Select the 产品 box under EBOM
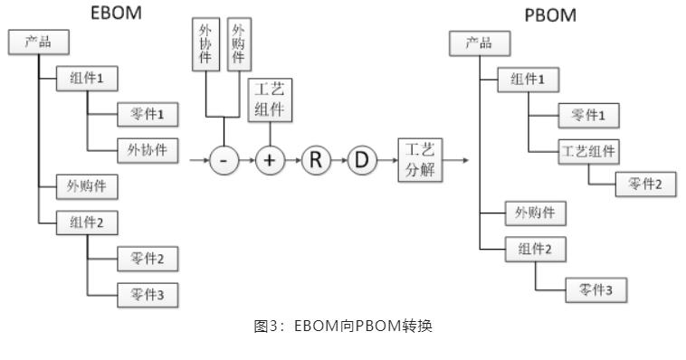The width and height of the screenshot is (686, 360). click(x=37, y=42)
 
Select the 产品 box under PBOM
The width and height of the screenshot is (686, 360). click(x=479, y=44)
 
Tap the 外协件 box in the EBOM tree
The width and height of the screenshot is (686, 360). click(x=148, y=148)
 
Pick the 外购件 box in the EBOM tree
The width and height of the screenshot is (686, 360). click(x=87, y=186)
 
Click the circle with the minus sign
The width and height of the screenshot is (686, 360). click(x=224, y=161)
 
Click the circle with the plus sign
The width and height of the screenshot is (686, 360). click(x=270, y=161)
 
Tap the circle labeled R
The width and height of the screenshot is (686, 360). click(x=316, y=161)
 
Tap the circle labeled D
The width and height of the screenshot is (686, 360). click(x=362, y=161)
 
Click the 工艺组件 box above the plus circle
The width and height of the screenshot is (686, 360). click(x=270, y=100)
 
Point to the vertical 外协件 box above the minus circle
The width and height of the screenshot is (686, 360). click(x=206, y=43)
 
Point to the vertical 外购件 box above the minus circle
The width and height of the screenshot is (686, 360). click(x=238, y=43)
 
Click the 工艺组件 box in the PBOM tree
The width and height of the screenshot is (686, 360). click(x=589, y=149)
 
